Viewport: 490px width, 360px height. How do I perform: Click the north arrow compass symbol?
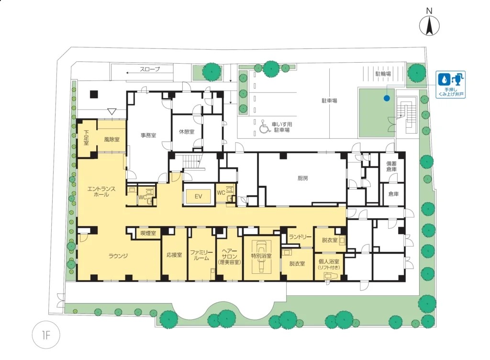coord(429,25)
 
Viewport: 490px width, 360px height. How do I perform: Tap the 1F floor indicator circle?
coord(45,335)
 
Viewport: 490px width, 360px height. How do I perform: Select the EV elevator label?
coord(198,196)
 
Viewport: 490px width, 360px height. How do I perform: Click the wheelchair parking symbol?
coord(265,126)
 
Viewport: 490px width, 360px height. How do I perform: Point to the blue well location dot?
coord(387,98)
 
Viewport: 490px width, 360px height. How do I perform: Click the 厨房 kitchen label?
coord(302,179)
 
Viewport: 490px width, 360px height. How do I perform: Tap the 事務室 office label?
coord(148,135)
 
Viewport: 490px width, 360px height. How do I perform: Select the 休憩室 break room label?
coord(187,132)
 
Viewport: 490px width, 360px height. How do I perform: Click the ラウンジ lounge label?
coord(118,256)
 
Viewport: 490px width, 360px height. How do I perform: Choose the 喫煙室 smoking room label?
coord(148,233)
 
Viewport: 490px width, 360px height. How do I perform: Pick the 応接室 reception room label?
coord(174,255)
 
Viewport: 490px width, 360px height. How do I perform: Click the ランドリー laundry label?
coord(300,237)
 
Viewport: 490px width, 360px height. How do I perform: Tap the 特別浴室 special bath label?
coord(261,256)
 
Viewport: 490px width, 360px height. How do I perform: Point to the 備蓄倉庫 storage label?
coord(391,166)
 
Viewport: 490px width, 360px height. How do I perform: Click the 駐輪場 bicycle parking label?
coord(383,74)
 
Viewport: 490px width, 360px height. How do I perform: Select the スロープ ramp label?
coord(150,69)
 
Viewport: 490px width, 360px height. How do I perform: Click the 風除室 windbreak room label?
coord(111,139)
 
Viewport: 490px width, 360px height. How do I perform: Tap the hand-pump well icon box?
coord(451,84)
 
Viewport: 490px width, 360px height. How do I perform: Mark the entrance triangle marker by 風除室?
coord(111,111)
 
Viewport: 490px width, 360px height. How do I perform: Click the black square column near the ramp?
coord(94,94)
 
